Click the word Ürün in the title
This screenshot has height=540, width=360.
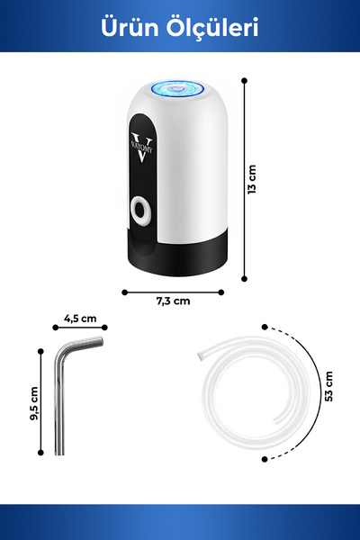click(130, 27)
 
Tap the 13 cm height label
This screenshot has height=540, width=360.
click(252, 179)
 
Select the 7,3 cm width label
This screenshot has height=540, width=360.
click(174, 301)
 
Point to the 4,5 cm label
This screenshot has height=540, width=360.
click(80, 319)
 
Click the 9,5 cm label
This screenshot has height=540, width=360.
click(34, 403)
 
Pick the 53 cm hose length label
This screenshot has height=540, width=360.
click(329, 386)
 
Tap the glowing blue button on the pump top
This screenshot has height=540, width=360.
click(178, 88)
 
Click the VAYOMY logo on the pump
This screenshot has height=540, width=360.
click(142, 148)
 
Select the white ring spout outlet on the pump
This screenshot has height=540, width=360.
click(140, 211)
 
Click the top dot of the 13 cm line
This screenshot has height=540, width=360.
click(244, 81)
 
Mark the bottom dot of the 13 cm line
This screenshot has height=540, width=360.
click(244, 279)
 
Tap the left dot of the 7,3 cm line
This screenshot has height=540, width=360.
click(125, 292)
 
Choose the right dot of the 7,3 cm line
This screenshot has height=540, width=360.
click(221, 292)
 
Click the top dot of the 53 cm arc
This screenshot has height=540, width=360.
click(265, 327)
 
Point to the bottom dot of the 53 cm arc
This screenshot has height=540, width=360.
click(265, 459)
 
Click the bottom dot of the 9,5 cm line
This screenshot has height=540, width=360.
click(40, 453)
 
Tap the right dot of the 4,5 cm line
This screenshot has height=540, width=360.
click(104, 328)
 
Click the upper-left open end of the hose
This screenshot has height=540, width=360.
click(200, 355)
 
